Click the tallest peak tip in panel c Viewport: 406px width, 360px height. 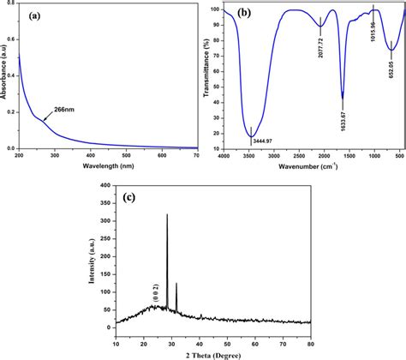pos(167,214)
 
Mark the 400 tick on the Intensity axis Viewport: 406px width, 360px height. pos(104,184)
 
